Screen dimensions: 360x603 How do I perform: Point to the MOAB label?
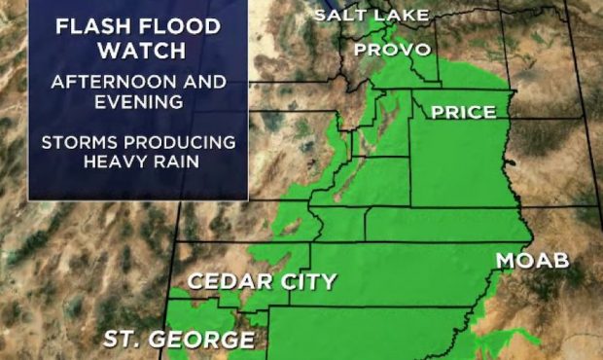pyautogui.click(x=532, y=261)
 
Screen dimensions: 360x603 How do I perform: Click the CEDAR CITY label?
pyautogui.click(x=261, y=282)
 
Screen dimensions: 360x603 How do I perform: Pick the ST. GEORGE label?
pyautogui.click(x=179, y=340)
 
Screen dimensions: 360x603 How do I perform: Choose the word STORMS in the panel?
pyautogui.click(x=80, y=142)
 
